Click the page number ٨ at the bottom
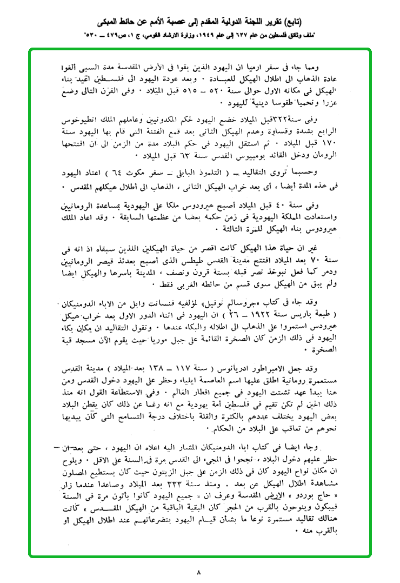199,571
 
